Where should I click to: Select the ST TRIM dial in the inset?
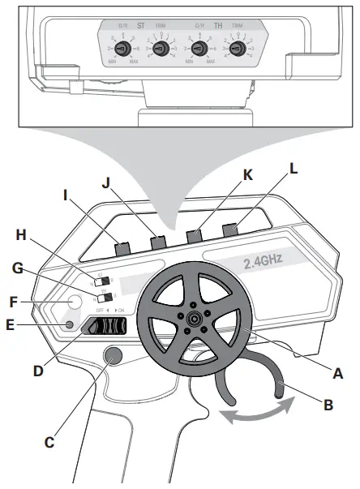point(161,49)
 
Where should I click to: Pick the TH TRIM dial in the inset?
point(237,49)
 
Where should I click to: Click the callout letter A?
point(338,375)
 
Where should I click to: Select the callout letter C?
point(49,444)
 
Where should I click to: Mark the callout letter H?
point(23,235)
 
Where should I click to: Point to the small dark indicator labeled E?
point(69,325)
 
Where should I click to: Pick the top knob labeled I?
point(123,245)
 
